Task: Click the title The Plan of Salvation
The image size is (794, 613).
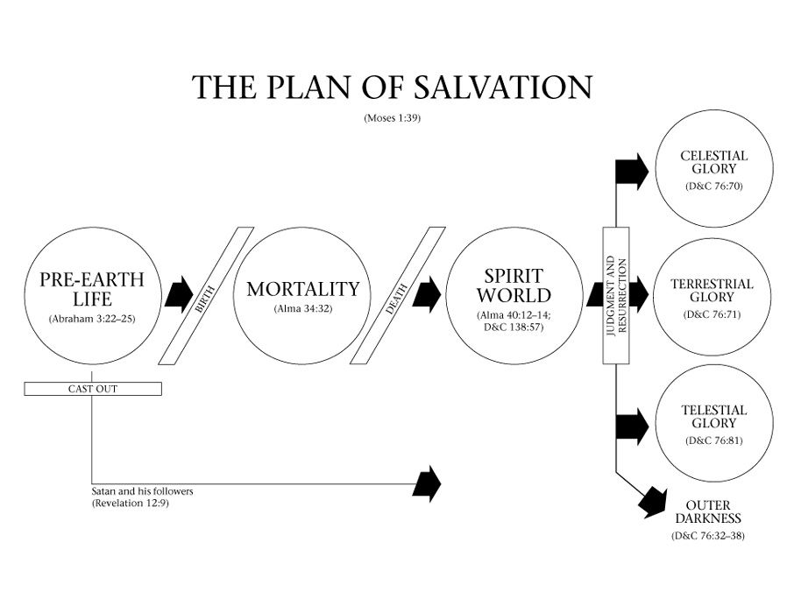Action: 392,88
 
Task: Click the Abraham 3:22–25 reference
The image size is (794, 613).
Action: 92,319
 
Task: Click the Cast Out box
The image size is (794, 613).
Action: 92,388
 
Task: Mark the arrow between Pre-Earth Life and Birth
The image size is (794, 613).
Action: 179,295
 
